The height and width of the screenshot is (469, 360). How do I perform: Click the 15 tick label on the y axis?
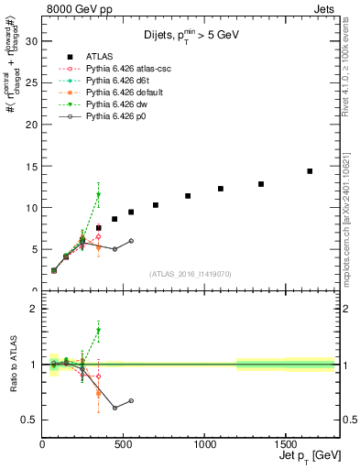[31, 166]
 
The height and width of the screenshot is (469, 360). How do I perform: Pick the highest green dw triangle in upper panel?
[98, 195]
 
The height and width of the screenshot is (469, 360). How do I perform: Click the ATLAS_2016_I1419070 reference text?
[191, 274]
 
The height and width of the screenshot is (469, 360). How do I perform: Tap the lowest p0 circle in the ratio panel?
[115, 408]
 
